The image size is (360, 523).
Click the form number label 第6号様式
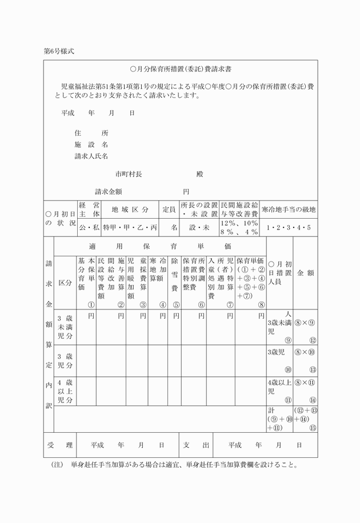click(x=59, y=51)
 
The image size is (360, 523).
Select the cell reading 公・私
click(x=89, y=227)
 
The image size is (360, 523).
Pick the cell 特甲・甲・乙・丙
click(x=130, y=227)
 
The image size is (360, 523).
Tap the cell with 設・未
click(x=199, y=227)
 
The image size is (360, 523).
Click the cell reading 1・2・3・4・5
click(x=289, y=227)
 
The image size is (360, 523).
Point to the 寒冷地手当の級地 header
click(x=289, y=210)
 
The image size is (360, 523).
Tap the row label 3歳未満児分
click(x=65, y=327)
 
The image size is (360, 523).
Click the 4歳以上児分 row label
click(x=65, y=391)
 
